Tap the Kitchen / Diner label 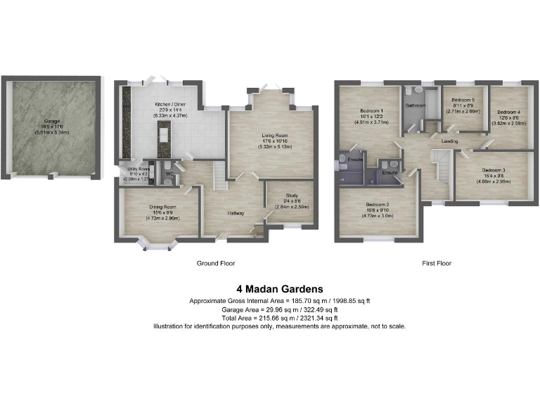tap(169, 105)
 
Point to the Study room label tap(292, 195)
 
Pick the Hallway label tap(235, 212)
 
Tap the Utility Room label tap(134, 169)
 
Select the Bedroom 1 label tap(372, 112)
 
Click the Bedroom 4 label tap(508, 112)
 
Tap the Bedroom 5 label tap(463, 100)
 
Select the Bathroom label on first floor tap(416, 105)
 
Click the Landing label tap(450, 141)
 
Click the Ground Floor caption tap(214, 264)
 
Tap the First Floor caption tap(436, 264)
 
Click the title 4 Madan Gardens tap(279, 288)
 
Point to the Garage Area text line tap(279, 309)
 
